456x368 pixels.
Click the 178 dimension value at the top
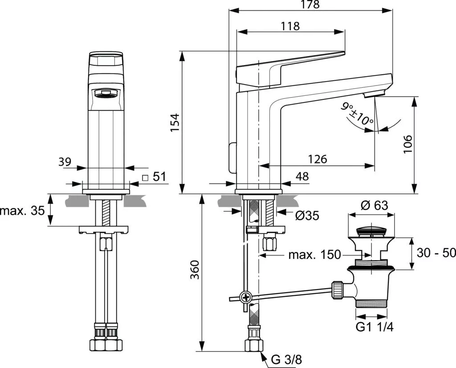[x=310, y=4]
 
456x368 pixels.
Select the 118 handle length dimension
[x=290, y=26]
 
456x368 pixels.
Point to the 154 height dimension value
[x=175, y=123]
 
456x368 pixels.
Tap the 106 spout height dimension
[x=408, y=144]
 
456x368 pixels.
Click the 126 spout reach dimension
[x=318, y=159]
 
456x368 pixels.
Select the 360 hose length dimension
[x=195, y=270]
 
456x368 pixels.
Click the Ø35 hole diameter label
[x=307, y=216]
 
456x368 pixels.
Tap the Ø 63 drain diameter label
[x=375, y=205]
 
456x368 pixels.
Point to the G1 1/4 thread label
[x=375, y=327]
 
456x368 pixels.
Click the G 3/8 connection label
[x=286, y=360]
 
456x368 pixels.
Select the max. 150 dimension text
[x=314, y=255]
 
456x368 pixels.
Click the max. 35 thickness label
[x=23, y=210]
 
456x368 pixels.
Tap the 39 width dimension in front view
[x=65, y=162]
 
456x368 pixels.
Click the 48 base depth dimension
[x=302, y=176]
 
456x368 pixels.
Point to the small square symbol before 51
[x=146, y=178]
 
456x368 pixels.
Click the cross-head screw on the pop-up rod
[x=246, y=297]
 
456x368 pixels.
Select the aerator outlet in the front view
[x=105, y=93]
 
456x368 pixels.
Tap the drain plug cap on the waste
[x=372, y=230]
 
